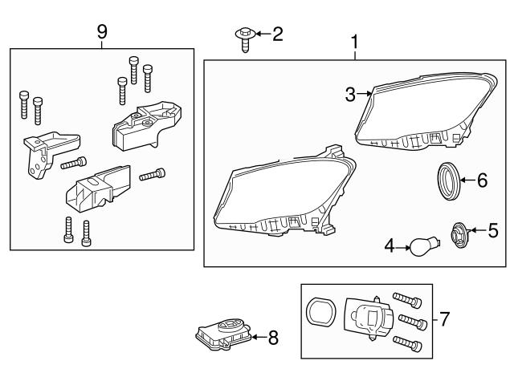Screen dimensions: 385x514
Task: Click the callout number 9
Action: point(102,31)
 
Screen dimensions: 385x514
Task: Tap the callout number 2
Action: point(277,34)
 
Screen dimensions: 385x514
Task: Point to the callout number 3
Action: point(350,95)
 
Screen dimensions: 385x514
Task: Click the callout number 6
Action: point(482,180)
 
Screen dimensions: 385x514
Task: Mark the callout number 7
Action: point(445,319)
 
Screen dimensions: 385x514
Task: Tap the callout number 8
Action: point(273,338)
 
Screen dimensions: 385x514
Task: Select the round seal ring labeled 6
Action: point(451,180)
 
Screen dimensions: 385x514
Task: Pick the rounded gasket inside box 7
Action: point(320,314)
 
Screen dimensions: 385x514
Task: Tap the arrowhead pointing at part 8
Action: point(254,338)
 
